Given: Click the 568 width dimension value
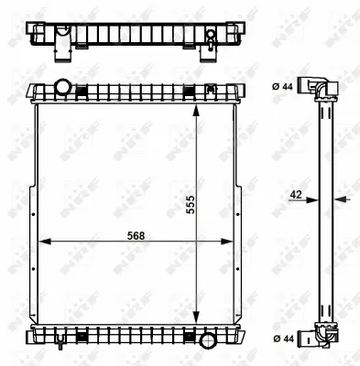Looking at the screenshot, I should [x=135, y=233].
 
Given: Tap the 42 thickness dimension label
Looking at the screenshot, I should [x=295, y=194].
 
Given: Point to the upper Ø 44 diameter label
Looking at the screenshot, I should [x=284, y=86].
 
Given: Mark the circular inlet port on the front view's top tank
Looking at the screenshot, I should [x=63, y=88].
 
